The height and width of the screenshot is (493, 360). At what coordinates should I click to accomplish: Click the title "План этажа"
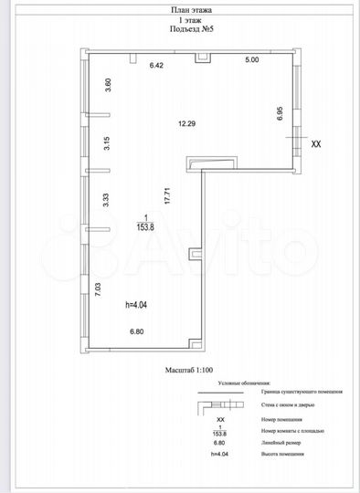tap(179, 9)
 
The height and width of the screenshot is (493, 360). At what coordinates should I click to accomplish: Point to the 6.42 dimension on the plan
tap(156, 66)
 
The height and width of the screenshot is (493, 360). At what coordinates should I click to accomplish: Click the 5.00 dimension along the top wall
tap(251, 60)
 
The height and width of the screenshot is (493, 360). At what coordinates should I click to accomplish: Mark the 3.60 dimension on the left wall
tap(107, 85)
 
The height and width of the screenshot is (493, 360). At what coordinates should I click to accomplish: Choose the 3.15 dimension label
tap(107, 144)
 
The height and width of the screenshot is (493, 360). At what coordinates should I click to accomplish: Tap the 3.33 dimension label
tap(107, 200)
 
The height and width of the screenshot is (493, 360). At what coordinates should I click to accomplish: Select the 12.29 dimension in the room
tap(187, 123)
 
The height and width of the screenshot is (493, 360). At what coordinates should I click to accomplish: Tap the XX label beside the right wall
tap(317, 144)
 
